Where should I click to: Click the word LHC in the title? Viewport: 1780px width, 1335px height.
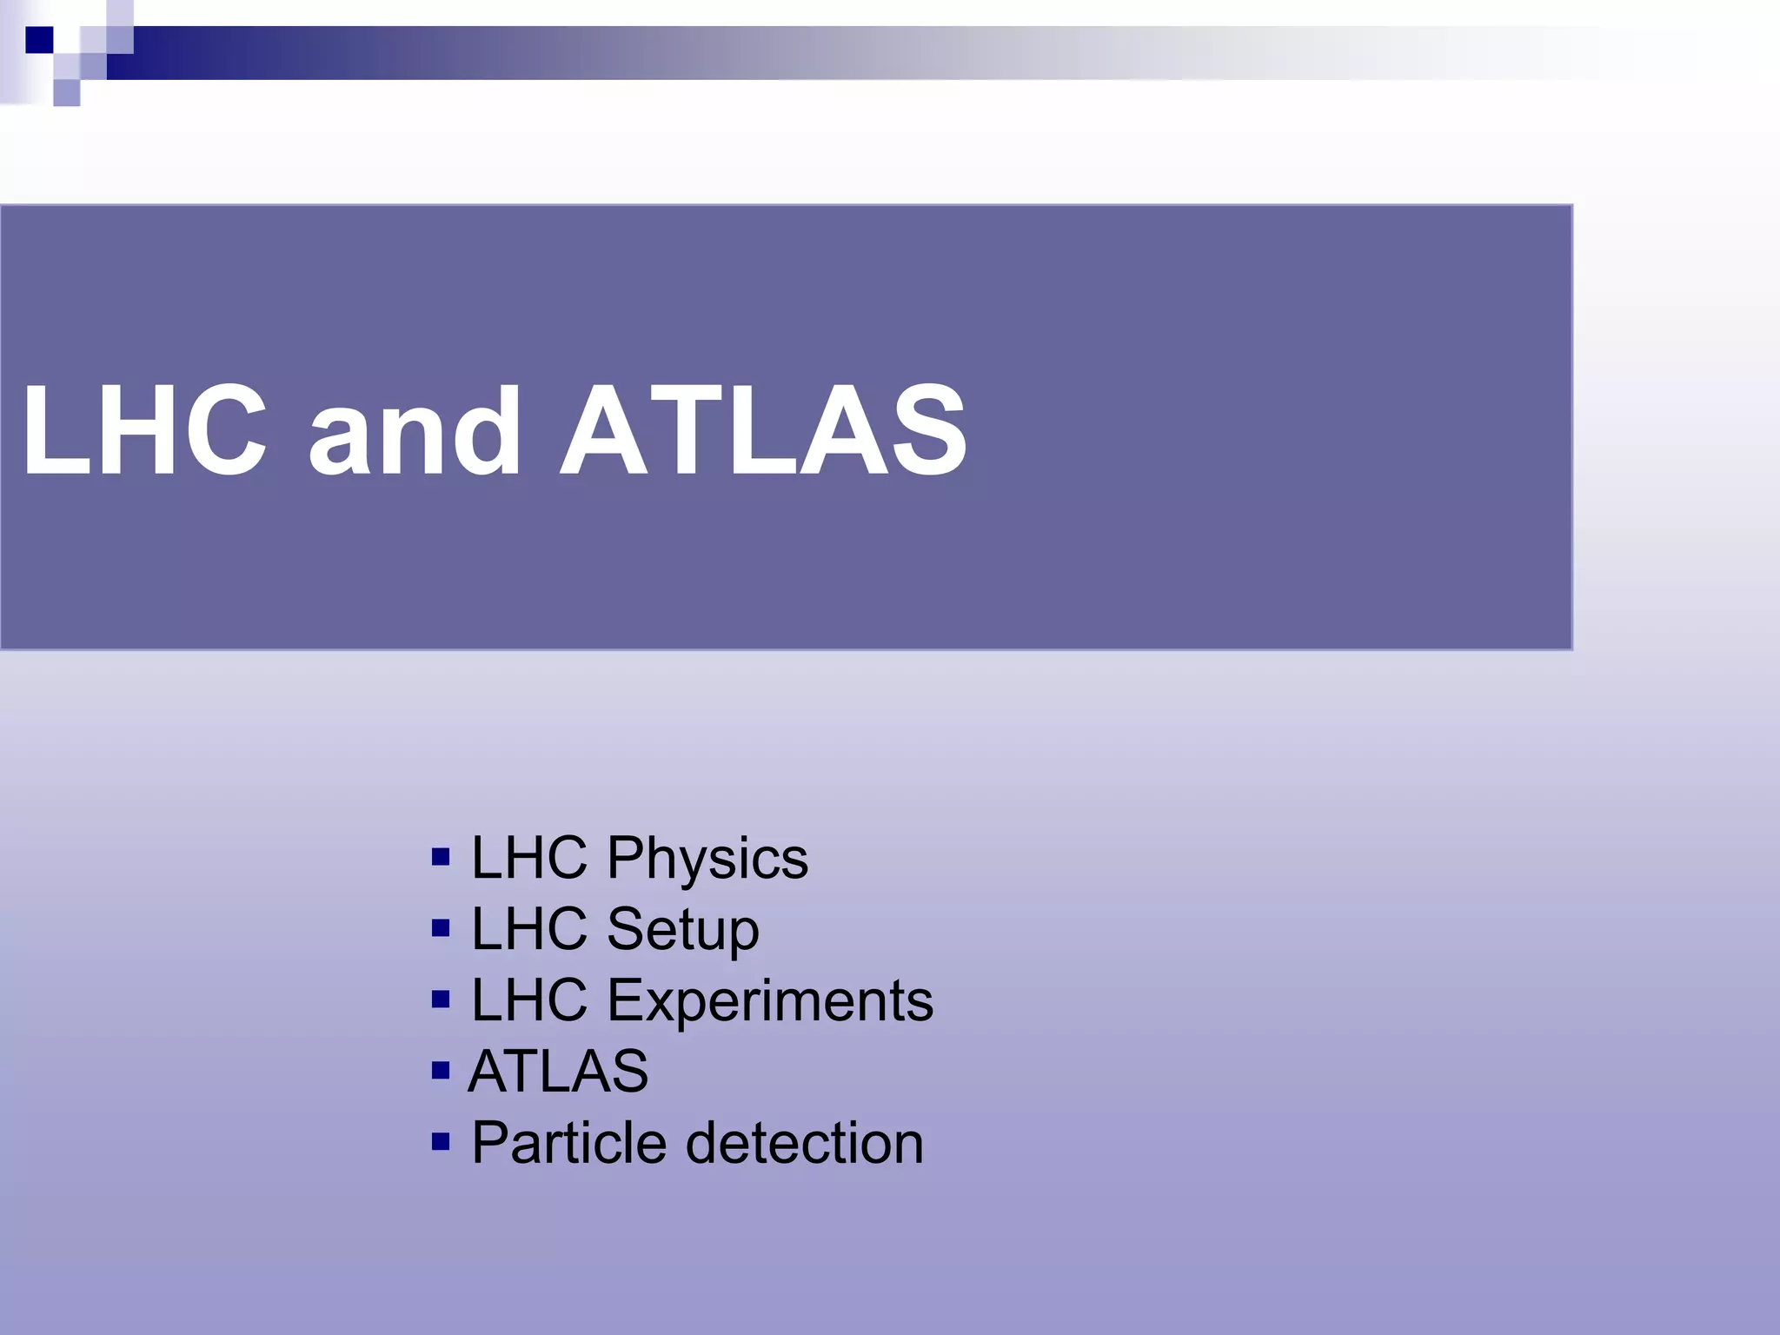[x=144, y=431]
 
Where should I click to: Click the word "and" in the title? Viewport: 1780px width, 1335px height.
[x=415, y=431]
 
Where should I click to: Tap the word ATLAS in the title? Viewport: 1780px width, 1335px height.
[x=763, y=431]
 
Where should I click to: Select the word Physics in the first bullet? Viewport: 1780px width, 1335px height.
[x=707, y=859]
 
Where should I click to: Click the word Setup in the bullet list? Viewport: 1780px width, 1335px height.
[x=683, y=929]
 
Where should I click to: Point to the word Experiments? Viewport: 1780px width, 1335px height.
[x=770, y=1000]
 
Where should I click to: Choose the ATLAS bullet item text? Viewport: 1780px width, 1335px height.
[x=558, y=1071]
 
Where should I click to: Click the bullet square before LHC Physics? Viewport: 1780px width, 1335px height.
[x=441, y=858]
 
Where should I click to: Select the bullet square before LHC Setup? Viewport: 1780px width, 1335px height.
[x=441, y=928]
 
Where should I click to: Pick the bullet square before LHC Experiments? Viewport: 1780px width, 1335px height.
[x=441, y=1000]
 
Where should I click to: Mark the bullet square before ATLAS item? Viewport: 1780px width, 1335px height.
[x=441, y=1070]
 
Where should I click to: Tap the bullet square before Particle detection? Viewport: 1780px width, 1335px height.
[x=441, y=1140]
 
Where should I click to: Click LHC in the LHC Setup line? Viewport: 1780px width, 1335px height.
[x=529, y=929]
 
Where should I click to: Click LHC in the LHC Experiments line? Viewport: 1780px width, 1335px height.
[x=529, y=1000]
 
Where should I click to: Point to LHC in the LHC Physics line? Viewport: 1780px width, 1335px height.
[x=529, y=859]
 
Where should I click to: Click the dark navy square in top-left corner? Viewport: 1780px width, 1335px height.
[x=39, y=40]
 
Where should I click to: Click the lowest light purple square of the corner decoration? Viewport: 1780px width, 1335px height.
[x=66, y=92]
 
